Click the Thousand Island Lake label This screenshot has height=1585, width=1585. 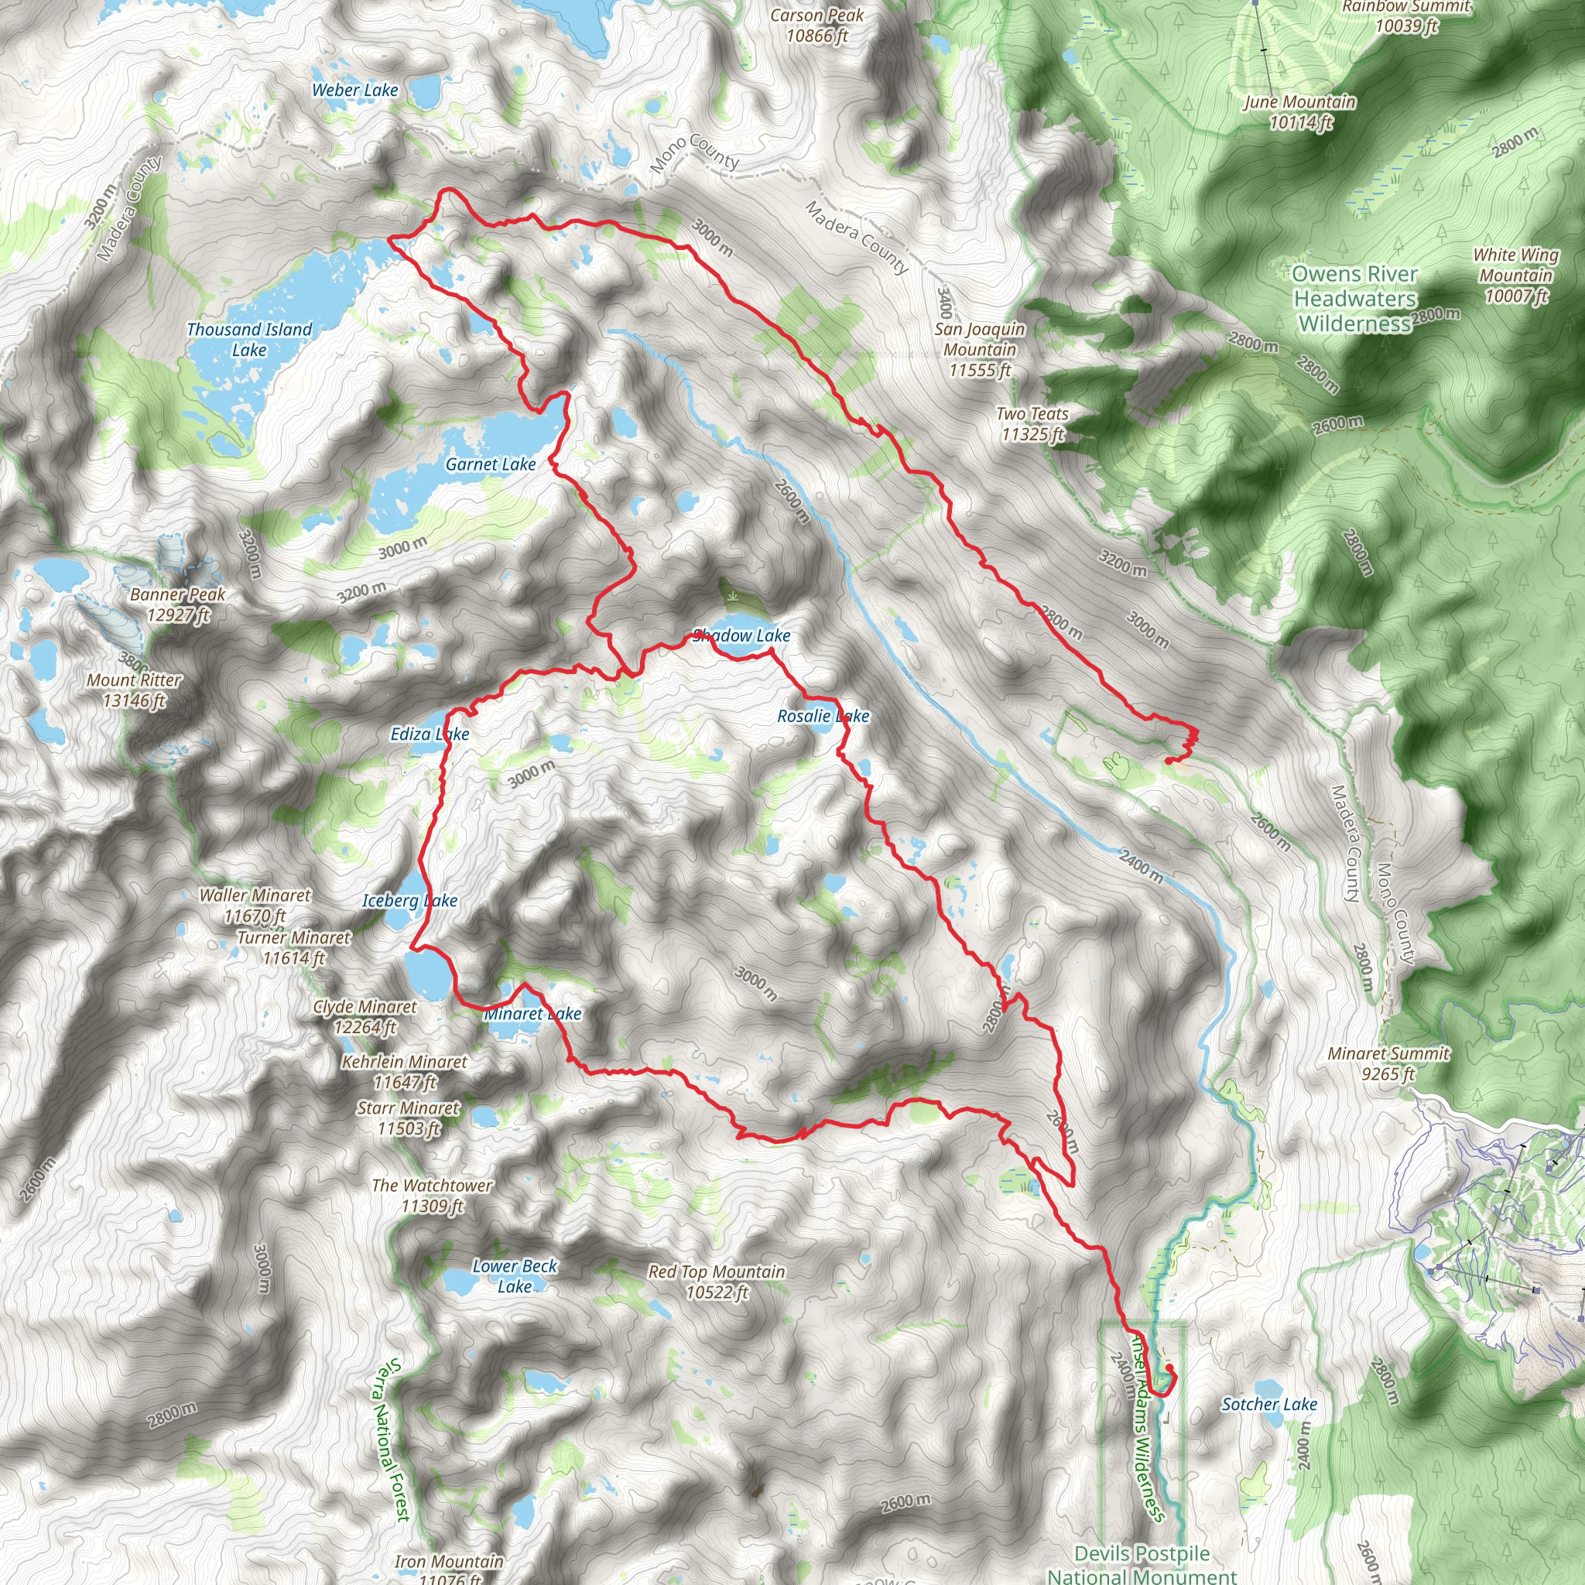pyautogui.click(x=249, y=340)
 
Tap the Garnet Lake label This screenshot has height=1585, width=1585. pyautogui.click(x=491, y=464)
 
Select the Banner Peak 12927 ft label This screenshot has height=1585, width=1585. pyautogui.click(x=177, y=604)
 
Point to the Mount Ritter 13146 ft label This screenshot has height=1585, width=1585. pyautogui.click(x=134, y=690)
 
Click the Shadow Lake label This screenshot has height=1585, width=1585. pyautogui.click(x=741, y=635)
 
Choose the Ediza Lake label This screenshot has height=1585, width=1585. pyautogui.click(x=429, y=734)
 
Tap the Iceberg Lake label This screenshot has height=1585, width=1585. pyautogui.click(x=409, y=900)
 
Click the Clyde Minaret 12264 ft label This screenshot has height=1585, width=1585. pyautogui.click(x=365, y=1016)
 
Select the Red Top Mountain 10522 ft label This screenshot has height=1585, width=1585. pyautogui.click(x=716, y=1282)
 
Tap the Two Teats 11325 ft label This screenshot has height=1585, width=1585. pyautogui.click(x=1032, y=424)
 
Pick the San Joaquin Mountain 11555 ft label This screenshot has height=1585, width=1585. pyautogui.click(x=980, y=350)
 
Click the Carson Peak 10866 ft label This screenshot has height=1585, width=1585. pyautogui.click(x=816, y=26)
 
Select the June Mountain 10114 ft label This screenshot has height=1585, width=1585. pyautogui.click(x=1299, y=112)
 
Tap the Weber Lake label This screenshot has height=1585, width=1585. pyautogui.click(x=354, y=91)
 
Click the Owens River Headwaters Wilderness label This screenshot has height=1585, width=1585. pyautogui.click(x=1354, y=299)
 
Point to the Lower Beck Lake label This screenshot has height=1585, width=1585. pyautogui.click(x=515, y=1275)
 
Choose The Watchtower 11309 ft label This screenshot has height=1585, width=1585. pyautogui.click(x=432, y=1195)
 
